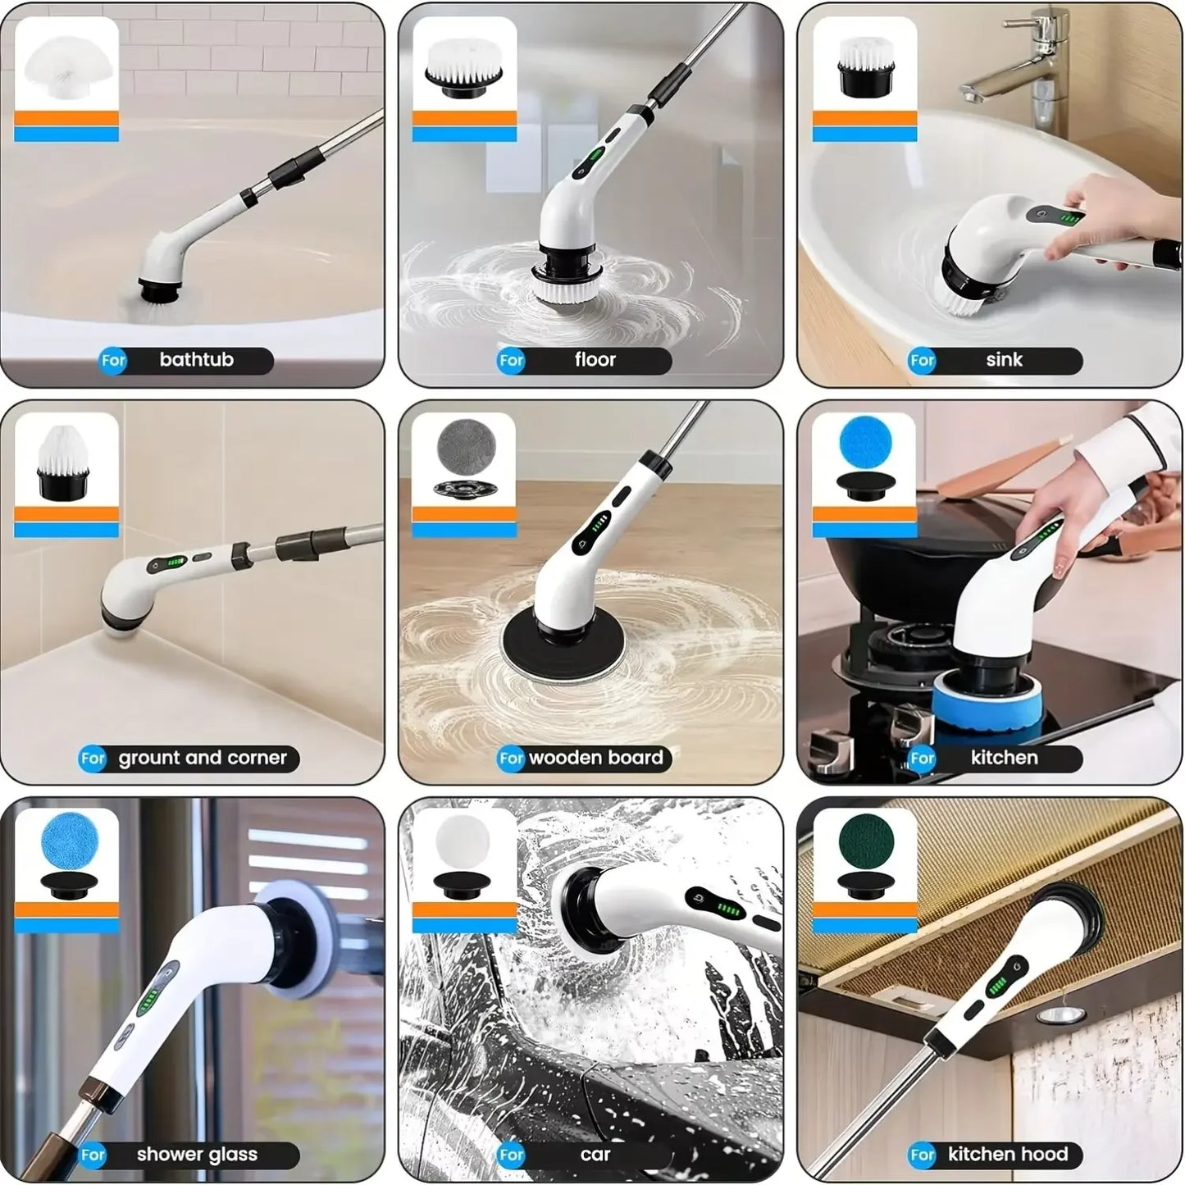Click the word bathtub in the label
[x=196, y=360]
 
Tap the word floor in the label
[x=595, y=360]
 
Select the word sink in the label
[x=1004, y=360]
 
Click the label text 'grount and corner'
[x=203, y=758]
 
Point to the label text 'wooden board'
[x=595, y=758]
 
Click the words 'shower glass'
[x=197, y=1155]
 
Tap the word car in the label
[x=595, y=1155]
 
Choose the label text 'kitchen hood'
[x=1008, y=1155]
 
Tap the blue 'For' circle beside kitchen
[x=923, y=759]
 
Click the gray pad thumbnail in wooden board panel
[x=465, y=445]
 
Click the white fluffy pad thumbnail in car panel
[x=463, y=842]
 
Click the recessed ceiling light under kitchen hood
[x=1054, y=1015]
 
